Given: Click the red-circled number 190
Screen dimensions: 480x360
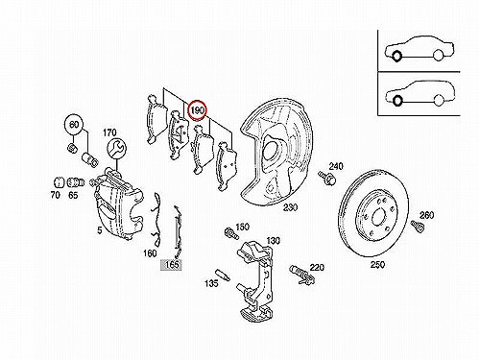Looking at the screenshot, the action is [x=198, y=110].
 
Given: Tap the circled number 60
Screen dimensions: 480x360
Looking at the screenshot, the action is [x=74, y=125].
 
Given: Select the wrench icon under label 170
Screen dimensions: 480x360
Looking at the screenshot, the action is [x=116, y=148].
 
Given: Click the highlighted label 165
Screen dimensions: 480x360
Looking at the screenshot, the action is [x=171, y=264].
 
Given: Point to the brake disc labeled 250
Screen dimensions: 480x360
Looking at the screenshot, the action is [x=372, y=213].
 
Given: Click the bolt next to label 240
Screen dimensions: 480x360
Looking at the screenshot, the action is [x=327, y=177].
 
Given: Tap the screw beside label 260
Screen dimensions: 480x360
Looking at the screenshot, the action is [x=417, y=226].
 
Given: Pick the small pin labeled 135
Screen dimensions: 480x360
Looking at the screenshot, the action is [x=223, y=275].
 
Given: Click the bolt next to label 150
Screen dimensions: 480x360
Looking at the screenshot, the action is [x=231, y=233].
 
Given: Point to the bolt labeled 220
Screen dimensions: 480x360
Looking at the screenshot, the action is [x=301, y=275].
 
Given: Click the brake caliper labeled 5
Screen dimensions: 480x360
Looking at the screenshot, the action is [x=118, y=204].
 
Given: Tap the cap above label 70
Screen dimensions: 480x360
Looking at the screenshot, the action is [x=58, y=182].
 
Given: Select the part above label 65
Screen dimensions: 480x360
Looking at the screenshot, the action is [x=76, y=183].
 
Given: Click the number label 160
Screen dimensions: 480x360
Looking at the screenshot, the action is [x=150, y=253].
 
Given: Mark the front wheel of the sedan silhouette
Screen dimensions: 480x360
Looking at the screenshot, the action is [x=396, y=57].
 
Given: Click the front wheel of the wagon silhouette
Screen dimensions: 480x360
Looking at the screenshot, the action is [x=397, y=101].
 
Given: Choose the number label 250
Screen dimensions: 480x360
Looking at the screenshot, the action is [x=377, y=265].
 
